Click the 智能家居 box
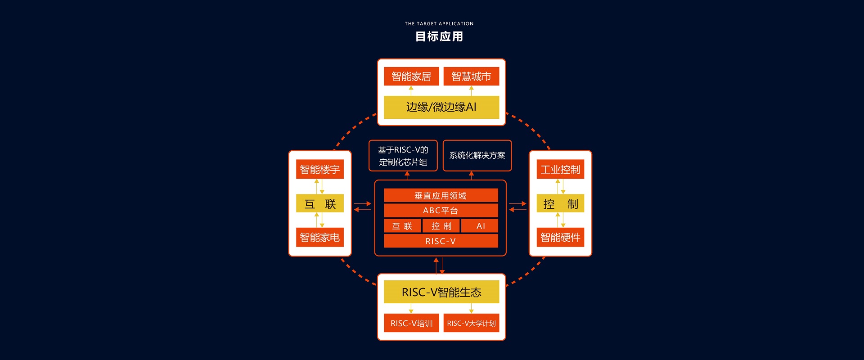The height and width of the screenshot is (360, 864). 411,76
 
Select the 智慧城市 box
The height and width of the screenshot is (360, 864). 471,76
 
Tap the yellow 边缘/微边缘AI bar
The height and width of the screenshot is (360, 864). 441,107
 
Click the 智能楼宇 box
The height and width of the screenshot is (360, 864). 320,169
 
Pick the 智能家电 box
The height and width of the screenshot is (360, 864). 320,237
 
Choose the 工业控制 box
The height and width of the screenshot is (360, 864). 560,169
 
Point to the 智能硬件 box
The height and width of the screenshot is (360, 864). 560,237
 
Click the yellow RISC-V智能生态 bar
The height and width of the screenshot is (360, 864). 441,292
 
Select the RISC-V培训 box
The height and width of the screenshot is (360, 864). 411,323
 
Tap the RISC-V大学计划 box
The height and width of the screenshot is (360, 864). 471,323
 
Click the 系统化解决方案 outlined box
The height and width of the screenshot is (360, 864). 477,156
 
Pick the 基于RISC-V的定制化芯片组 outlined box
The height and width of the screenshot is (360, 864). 403,156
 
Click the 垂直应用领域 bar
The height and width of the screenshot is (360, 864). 441,195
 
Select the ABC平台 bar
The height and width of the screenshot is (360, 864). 441,210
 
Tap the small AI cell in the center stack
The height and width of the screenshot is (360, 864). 480,226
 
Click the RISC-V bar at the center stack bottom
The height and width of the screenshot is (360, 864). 441,241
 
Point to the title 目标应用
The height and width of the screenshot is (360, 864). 439,36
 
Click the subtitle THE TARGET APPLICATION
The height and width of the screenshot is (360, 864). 439,23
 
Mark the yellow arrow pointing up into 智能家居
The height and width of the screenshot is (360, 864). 411,90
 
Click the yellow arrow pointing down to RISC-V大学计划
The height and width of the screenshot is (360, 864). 471,308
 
